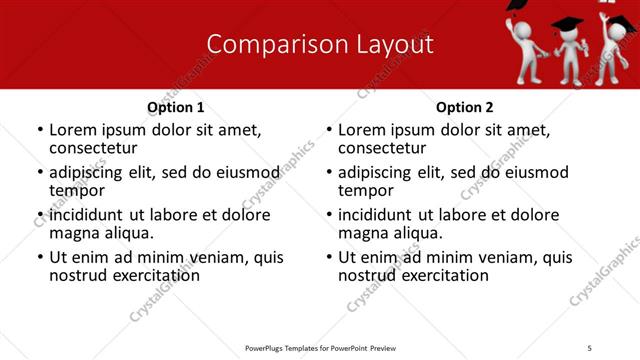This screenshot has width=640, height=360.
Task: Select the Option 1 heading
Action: pyautogui.click(x=175, y=106)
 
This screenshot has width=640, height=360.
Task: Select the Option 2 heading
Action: pyautogui.click(x=465, y=106)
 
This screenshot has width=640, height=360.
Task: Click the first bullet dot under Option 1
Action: pyautogui.click(x=40, y=131)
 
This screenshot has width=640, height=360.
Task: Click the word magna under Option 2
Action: pyautogui.click(x=362, y=233)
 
